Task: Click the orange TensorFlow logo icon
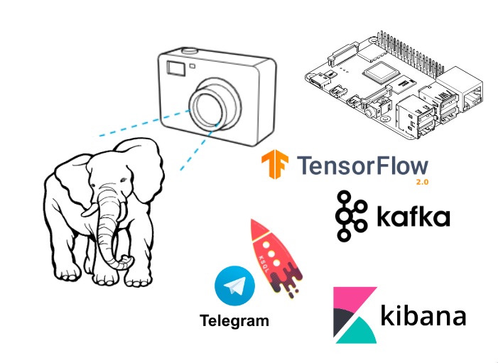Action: pyautogui.click(x=274, y=165)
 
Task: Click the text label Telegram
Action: pyautogui.click(x=234, y=320)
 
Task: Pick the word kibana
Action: pyautogui.click(x=423, y=315)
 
